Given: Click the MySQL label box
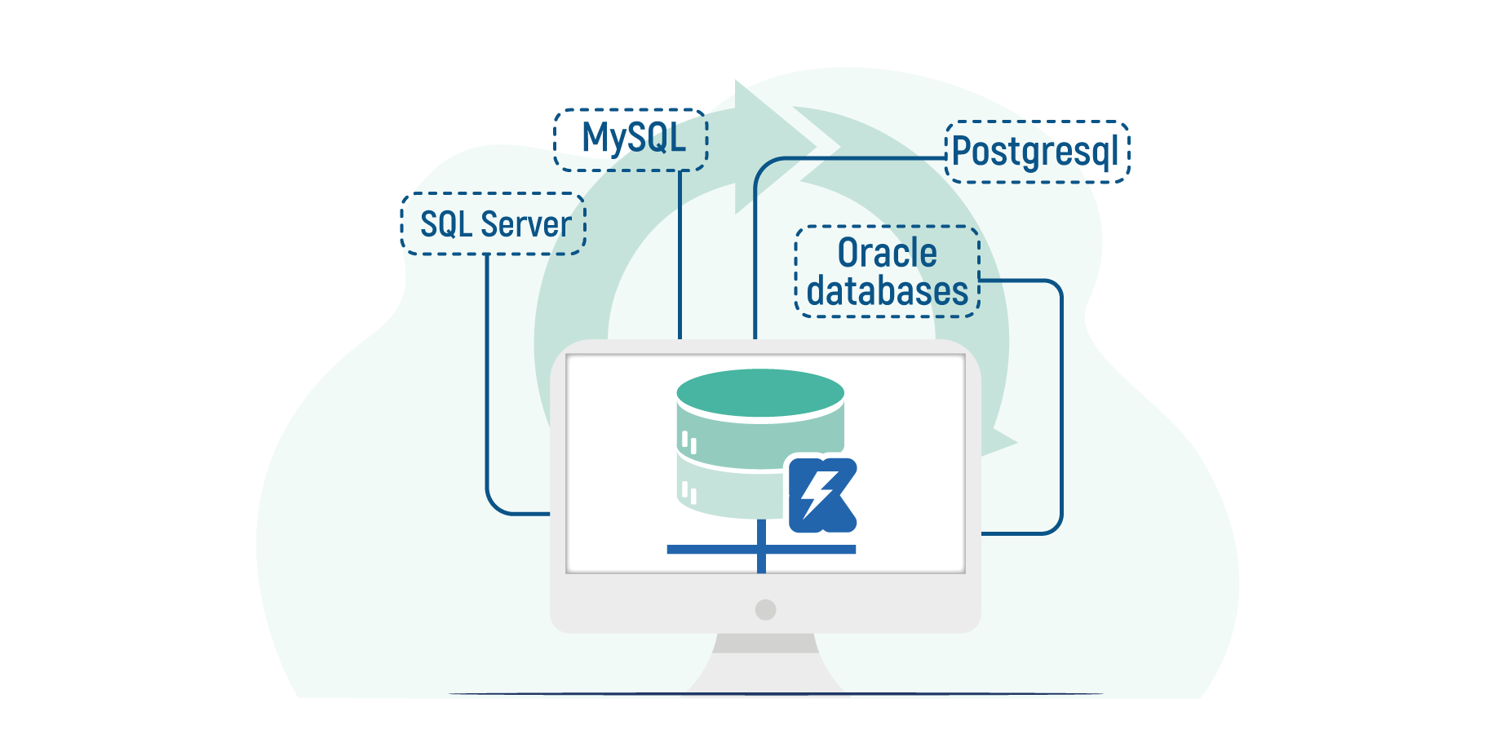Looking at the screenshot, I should click(631, 139).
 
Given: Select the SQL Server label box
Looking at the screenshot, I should click(494, 224).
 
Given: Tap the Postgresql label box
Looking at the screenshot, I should click(1037, 152).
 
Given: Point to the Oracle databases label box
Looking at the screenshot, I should click(888, 272).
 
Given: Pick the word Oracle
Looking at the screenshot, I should click(888, 253).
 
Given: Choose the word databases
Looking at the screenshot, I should click(888, 291).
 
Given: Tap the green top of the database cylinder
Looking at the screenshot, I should click(760, 393).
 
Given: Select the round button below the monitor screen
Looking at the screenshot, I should click(765, 609).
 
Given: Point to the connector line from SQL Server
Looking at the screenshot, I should click(487, 383).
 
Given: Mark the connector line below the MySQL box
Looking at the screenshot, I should click(680, 253).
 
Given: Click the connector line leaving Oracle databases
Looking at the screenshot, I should click(1060, 408).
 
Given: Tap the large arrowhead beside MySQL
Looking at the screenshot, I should click(771, 147).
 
